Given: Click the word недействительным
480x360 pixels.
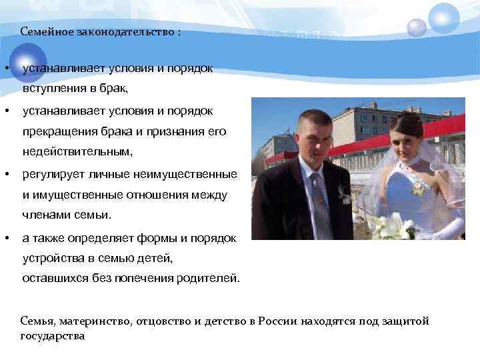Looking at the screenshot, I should coord(77,152).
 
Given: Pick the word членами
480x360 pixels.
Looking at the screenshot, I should coord(45,215).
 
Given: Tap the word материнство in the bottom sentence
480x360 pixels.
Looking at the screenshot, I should coord(100,321).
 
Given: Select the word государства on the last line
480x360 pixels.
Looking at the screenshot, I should coord(53,335).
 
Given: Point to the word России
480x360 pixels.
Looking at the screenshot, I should coord(277,321).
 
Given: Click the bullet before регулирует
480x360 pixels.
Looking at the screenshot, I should coord(6,175).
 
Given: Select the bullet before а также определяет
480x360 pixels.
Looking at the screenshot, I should coord(6,238).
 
